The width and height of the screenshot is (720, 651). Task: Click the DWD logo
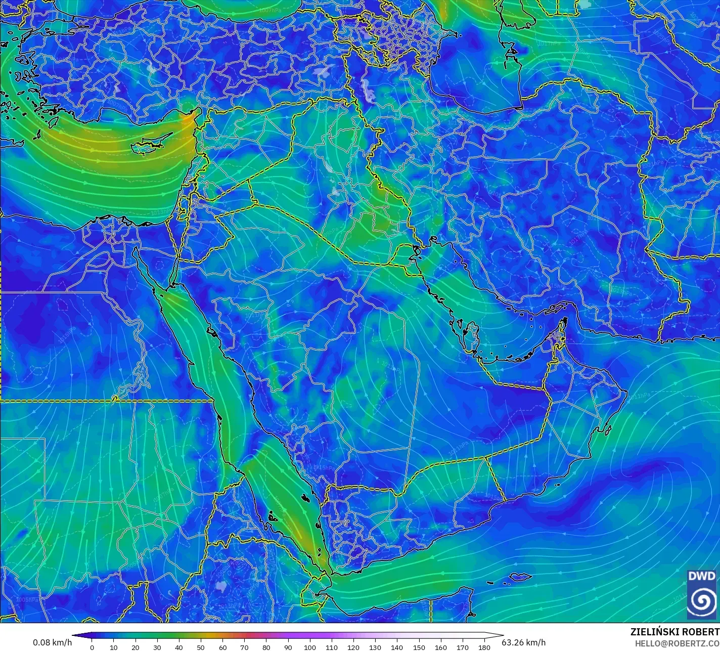[x=702, y=594]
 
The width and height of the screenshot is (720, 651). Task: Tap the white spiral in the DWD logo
[x=702, y=600]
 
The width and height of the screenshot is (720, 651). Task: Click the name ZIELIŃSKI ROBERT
[x=674, y=632]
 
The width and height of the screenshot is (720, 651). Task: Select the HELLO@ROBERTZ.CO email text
[x=677, y=643]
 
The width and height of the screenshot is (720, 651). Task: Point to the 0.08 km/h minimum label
[x=53, y=642]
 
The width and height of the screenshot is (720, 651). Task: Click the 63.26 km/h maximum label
[x=523, y=642]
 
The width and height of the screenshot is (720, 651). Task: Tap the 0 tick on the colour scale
[x=92, y=647]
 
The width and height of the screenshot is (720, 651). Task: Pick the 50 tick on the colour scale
[x=201, y=647]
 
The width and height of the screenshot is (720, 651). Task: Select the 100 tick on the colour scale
[x=310, y=647]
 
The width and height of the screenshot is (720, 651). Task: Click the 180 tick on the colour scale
[x=484, y=647]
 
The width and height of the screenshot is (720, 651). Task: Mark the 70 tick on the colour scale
[x=244, y=647]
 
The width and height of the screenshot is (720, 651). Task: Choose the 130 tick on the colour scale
[x=375, y=647]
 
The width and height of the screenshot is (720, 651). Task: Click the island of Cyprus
[x=149, y=146]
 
